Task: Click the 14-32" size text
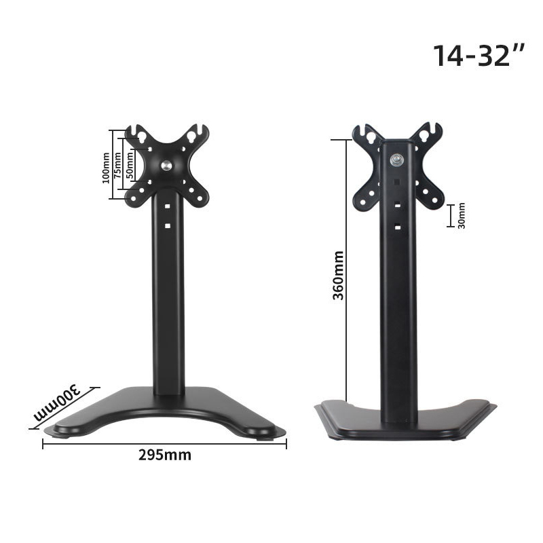click(479, 56)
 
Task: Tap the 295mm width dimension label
click(165, 455)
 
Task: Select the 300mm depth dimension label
click(57, 402)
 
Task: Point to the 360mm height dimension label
click(338, 276)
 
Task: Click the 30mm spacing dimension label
click(461, 216)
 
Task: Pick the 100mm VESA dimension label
click(106, 168)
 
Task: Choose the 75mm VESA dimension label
click(117, 165)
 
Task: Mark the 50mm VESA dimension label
click(130, 165)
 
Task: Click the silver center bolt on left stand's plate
click(166, 165)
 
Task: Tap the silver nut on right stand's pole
click(396, 160)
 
